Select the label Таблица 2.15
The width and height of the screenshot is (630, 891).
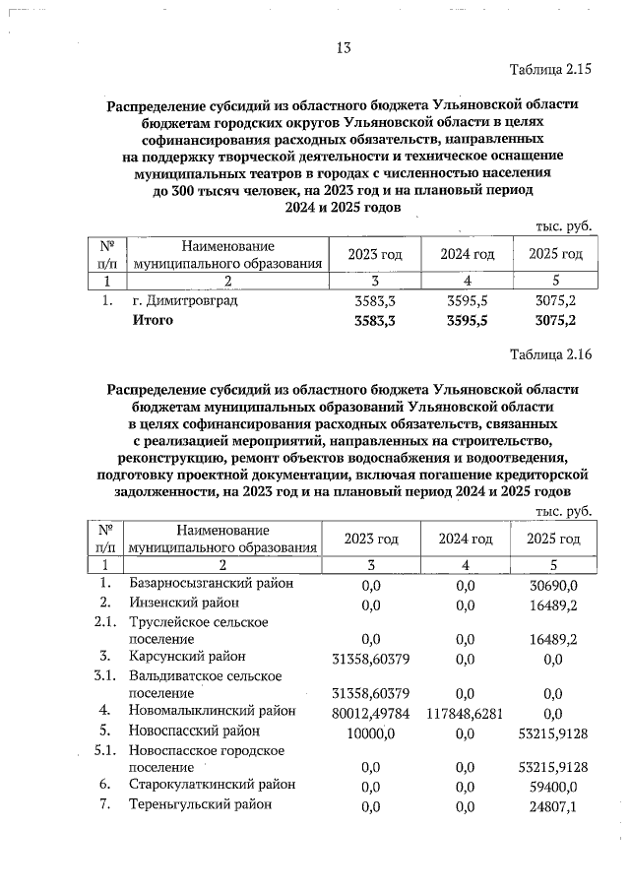(550, 71)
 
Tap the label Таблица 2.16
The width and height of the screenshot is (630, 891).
(550, 354)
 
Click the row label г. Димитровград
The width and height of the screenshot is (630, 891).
(184, 300)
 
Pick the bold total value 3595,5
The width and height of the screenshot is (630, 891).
(467, 320)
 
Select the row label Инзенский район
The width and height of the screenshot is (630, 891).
(184, 603)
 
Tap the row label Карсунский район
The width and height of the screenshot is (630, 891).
(187, 656)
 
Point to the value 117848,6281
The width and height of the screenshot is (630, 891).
(466, 711)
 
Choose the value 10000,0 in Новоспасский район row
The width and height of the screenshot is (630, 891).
(370, 732)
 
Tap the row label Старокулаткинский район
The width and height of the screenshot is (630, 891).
(212, 785)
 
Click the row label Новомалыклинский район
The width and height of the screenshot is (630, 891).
(212, 710)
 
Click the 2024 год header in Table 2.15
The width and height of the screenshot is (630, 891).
(467, 254)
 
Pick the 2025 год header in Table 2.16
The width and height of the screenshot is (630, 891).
(554, 539)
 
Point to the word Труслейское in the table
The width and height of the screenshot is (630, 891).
(169, 622)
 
